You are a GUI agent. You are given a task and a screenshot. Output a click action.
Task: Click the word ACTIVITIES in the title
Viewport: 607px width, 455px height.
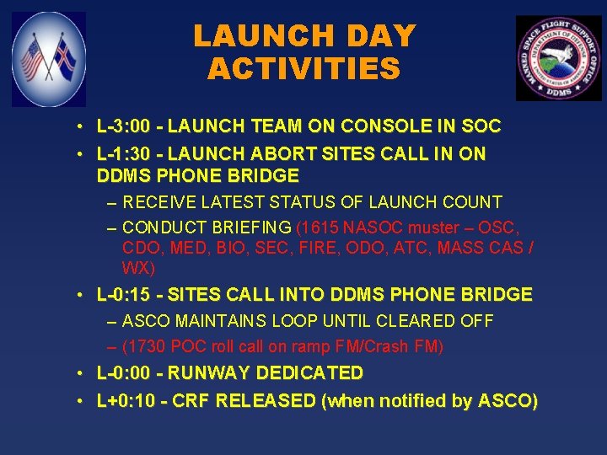(x=303, y=68)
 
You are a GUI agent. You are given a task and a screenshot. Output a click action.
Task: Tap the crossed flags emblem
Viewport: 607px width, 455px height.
(x=49, y=59)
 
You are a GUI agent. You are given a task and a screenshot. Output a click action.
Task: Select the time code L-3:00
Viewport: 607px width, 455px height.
(x=124, y=127)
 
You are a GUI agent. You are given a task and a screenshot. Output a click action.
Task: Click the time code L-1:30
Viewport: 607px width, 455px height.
(x=124, y=154)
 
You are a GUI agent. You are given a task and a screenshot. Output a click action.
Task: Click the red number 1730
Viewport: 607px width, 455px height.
(x=145, y=346)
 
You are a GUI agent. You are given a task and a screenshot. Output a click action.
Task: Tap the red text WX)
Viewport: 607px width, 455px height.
(x=138, y=268)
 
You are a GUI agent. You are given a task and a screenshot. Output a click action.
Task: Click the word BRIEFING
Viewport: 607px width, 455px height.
(x=250, y=228)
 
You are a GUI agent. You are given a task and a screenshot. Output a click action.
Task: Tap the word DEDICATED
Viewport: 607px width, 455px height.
(x=309, y=372)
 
